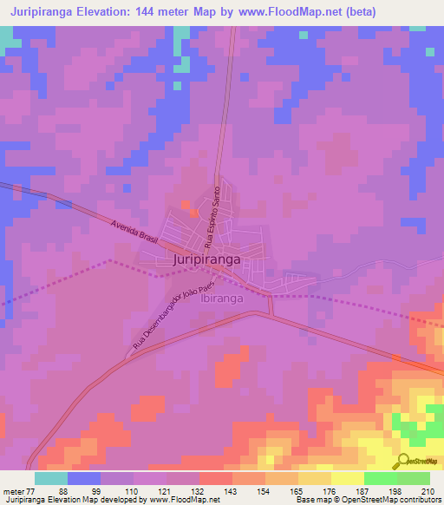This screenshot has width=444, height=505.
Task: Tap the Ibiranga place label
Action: click(221, 298)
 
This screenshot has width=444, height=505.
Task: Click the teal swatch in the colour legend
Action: click(51, 478)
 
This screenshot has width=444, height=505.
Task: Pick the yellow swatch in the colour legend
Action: click(348, 478)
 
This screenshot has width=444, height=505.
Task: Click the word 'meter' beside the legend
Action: click(11, 491)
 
